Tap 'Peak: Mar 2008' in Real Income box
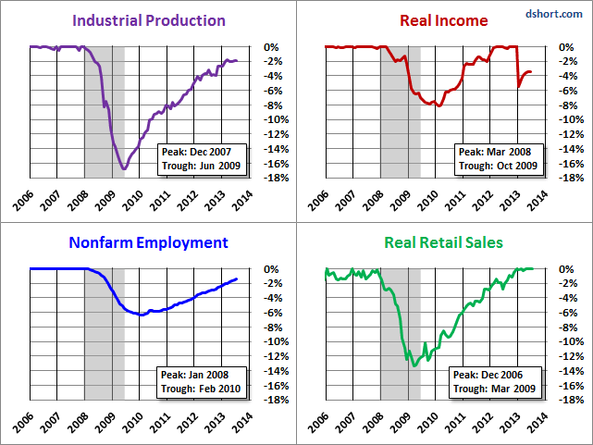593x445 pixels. (x=498, y=151)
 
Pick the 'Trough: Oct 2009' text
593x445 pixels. (x=498, y=165)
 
